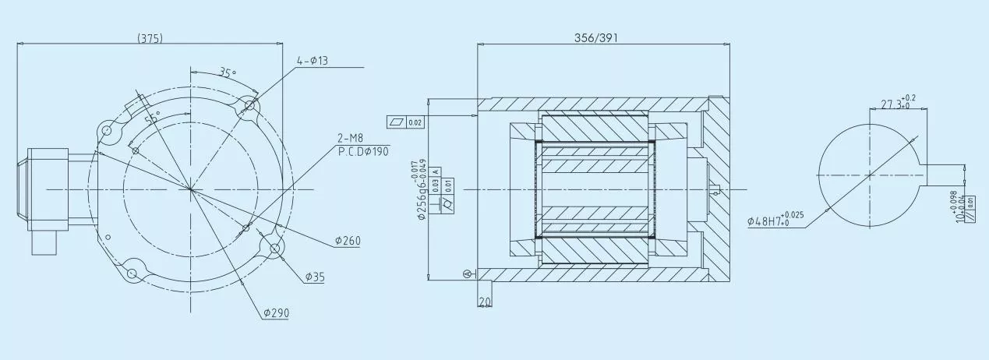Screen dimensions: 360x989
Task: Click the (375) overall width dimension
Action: tap(150, 37)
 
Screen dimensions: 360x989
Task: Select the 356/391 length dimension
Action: tap(595, 37)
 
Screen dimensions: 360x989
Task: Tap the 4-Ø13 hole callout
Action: tap(313, 61)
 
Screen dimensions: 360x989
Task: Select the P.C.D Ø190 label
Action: tap(362, 150)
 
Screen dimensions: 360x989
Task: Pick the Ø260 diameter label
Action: tap(348, 241)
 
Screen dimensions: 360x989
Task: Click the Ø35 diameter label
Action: tap(315, 277)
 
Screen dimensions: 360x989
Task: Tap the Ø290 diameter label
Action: tap(276, 312)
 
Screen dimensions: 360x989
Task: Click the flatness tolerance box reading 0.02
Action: tap(405, 122)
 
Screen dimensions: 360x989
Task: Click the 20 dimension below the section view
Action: tap(486, 302)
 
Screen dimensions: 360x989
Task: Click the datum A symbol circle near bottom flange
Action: tap(467, 273)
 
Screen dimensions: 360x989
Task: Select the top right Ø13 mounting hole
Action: tap(250, 104)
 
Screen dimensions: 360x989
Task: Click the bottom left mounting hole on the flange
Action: tap(132, 273)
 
